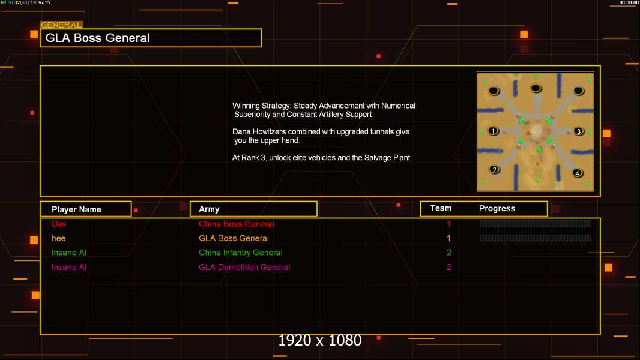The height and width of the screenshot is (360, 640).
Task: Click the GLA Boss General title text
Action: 97,38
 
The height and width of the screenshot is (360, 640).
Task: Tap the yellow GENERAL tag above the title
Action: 61,25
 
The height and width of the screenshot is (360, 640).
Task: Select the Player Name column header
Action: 76,209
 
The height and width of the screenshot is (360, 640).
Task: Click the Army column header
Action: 209,209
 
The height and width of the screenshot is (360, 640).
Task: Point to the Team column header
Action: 441,208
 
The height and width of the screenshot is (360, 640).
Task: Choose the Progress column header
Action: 497,208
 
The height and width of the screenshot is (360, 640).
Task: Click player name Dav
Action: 59,224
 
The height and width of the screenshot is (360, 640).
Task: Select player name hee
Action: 58,238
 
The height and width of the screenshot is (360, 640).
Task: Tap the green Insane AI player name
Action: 69,253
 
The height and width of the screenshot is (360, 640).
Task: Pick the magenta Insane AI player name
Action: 69,267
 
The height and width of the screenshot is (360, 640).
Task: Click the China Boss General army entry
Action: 237,224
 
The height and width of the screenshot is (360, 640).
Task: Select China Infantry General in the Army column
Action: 240,253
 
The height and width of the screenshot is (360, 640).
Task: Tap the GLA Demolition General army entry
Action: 244,267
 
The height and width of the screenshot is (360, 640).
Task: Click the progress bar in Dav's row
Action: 536,223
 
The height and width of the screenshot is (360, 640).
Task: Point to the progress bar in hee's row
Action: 536,238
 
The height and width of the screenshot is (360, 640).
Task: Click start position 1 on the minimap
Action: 493,131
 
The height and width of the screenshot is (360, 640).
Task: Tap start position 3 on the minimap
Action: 578,131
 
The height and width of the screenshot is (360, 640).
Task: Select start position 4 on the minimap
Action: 577,173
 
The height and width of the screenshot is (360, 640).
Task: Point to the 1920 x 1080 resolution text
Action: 319,340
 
